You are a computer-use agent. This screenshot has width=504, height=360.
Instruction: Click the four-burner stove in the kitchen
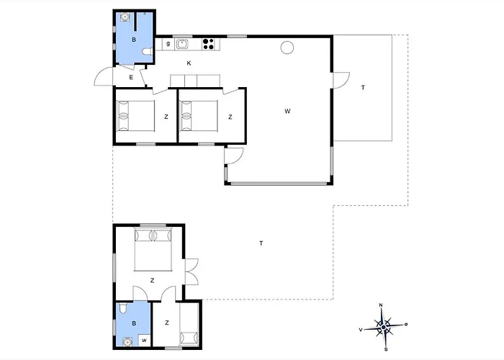tap(209, 44)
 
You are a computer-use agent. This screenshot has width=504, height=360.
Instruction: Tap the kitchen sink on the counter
tap(182, 44)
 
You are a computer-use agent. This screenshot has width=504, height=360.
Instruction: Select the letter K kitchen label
tap(189, 63)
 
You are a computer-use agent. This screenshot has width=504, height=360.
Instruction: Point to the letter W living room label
tap(287, 111)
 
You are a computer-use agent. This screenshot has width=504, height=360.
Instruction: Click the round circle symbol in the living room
tap(287, 48)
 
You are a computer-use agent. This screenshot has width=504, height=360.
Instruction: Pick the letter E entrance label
tap(131, 77)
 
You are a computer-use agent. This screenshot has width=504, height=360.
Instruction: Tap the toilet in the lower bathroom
tap(122, 309)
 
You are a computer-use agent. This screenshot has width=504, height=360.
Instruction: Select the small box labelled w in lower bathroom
tap(144, 340)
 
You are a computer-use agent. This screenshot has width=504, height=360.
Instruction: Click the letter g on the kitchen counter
tap(168, 43)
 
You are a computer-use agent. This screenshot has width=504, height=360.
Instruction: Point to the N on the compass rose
tap(381, 305)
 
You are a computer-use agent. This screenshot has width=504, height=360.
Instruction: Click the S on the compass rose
tap(386, 349)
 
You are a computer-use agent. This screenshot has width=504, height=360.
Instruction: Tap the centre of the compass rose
tap(384, 327)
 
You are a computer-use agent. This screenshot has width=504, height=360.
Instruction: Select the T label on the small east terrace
tap(363, 87)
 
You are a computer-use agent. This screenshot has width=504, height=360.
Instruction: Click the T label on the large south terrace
tap(261, 243)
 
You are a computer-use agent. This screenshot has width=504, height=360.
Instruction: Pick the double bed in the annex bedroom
tap(153, 249)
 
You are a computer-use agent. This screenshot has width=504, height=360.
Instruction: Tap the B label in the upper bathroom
tap(134, 40)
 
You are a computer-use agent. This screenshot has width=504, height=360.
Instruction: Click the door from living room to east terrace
tap(341, 80)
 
